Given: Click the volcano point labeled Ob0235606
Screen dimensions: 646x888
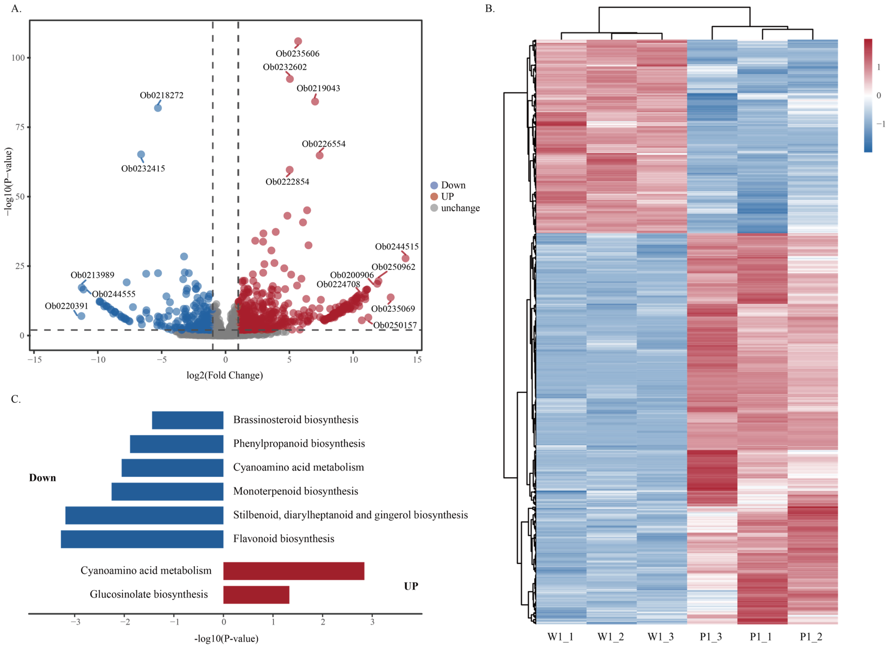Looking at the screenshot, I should [298, 41].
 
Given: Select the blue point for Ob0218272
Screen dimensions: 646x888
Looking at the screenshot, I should [158, 108].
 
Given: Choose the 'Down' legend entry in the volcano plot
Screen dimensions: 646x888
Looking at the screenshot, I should [453, 185].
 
